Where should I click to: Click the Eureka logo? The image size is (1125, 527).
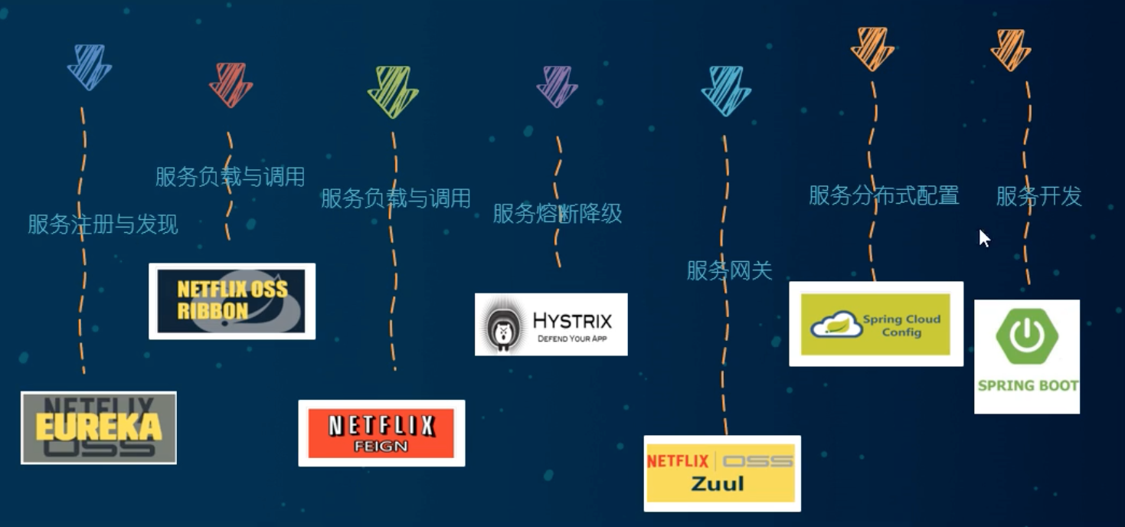point(99,427)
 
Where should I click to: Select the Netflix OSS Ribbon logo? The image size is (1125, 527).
point(231,300)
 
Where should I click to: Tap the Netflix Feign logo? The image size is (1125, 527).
point(381,433)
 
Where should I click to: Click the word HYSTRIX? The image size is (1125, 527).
point(573,319)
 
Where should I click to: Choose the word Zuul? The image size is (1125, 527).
point(718,484)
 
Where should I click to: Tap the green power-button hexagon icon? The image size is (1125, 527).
point(1026,338)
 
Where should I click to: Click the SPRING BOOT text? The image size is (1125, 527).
point(1028,385)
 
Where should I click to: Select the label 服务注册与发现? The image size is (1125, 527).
point(103,224)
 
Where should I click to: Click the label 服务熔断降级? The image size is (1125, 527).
point(557,214)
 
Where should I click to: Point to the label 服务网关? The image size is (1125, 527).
point(729,270)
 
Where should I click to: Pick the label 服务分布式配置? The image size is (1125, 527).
point(884,195)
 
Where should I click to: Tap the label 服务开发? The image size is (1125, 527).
point(1038,196)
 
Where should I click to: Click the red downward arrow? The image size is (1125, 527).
point(231,83)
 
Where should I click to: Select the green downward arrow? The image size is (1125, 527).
point(393,90)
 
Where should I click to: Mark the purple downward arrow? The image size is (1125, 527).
point(557,85)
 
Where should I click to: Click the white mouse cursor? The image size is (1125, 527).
point(984,238)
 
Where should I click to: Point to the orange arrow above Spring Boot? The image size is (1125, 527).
point(1011,49)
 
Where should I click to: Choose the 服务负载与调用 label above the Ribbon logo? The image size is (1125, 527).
point(230,177)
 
